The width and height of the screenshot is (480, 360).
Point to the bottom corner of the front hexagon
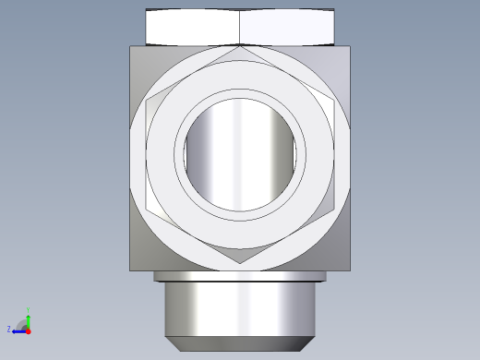coord(241,264)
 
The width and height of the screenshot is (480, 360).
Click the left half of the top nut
coord(193,27)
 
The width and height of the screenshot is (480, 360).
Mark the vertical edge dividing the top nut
coord(239,27)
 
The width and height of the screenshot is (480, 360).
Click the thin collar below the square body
coord(240,276)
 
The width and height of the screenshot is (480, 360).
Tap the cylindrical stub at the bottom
coord(240,309)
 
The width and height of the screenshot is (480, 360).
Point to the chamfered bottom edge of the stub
coord(240,343)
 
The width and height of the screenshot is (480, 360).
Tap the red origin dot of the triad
coord(29,329)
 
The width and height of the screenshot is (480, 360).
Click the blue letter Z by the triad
coord(9,329)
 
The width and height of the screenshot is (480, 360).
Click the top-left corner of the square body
coord(130,47)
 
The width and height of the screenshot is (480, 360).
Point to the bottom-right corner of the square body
coord(350,270)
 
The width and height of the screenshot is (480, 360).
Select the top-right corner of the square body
coord(350,47)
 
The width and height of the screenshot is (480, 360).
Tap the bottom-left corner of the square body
coord(130,270)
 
